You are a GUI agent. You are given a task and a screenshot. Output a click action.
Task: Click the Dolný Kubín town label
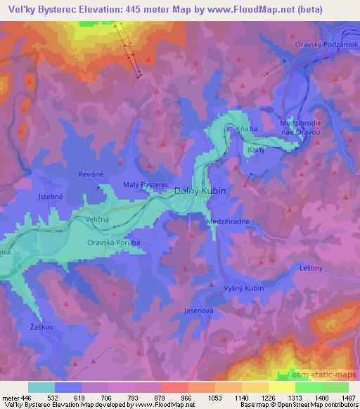click(x=200, y=190)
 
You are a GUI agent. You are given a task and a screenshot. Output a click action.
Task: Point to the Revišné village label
click(x=91, y=173)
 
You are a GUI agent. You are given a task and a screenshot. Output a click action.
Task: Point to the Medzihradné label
click(x=229, y=221)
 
